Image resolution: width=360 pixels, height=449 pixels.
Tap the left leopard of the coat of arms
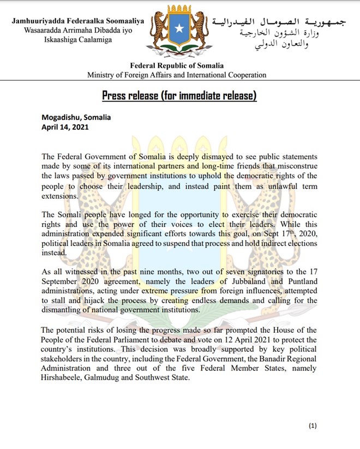click(158, 30)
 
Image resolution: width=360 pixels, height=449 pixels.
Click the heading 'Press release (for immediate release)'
click(179, 97)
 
